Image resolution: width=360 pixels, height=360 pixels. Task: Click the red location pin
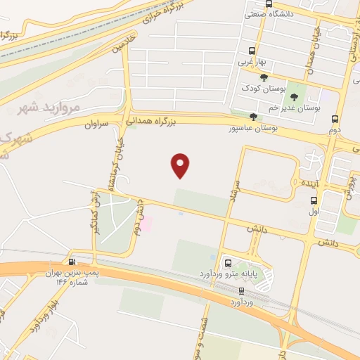[181, 165]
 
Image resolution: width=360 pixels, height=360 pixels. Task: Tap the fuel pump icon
[71, 260]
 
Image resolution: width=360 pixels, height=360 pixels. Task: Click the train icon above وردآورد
[241, 290]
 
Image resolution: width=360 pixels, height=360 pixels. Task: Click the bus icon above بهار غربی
[252, 51]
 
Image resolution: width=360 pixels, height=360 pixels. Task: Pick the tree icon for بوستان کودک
[264, 77]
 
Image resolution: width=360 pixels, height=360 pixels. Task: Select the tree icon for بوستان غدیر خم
[293, 97]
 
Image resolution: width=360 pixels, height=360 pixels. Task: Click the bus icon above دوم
[335, 119]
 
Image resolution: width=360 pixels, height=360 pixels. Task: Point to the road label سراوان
[98, 124]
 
